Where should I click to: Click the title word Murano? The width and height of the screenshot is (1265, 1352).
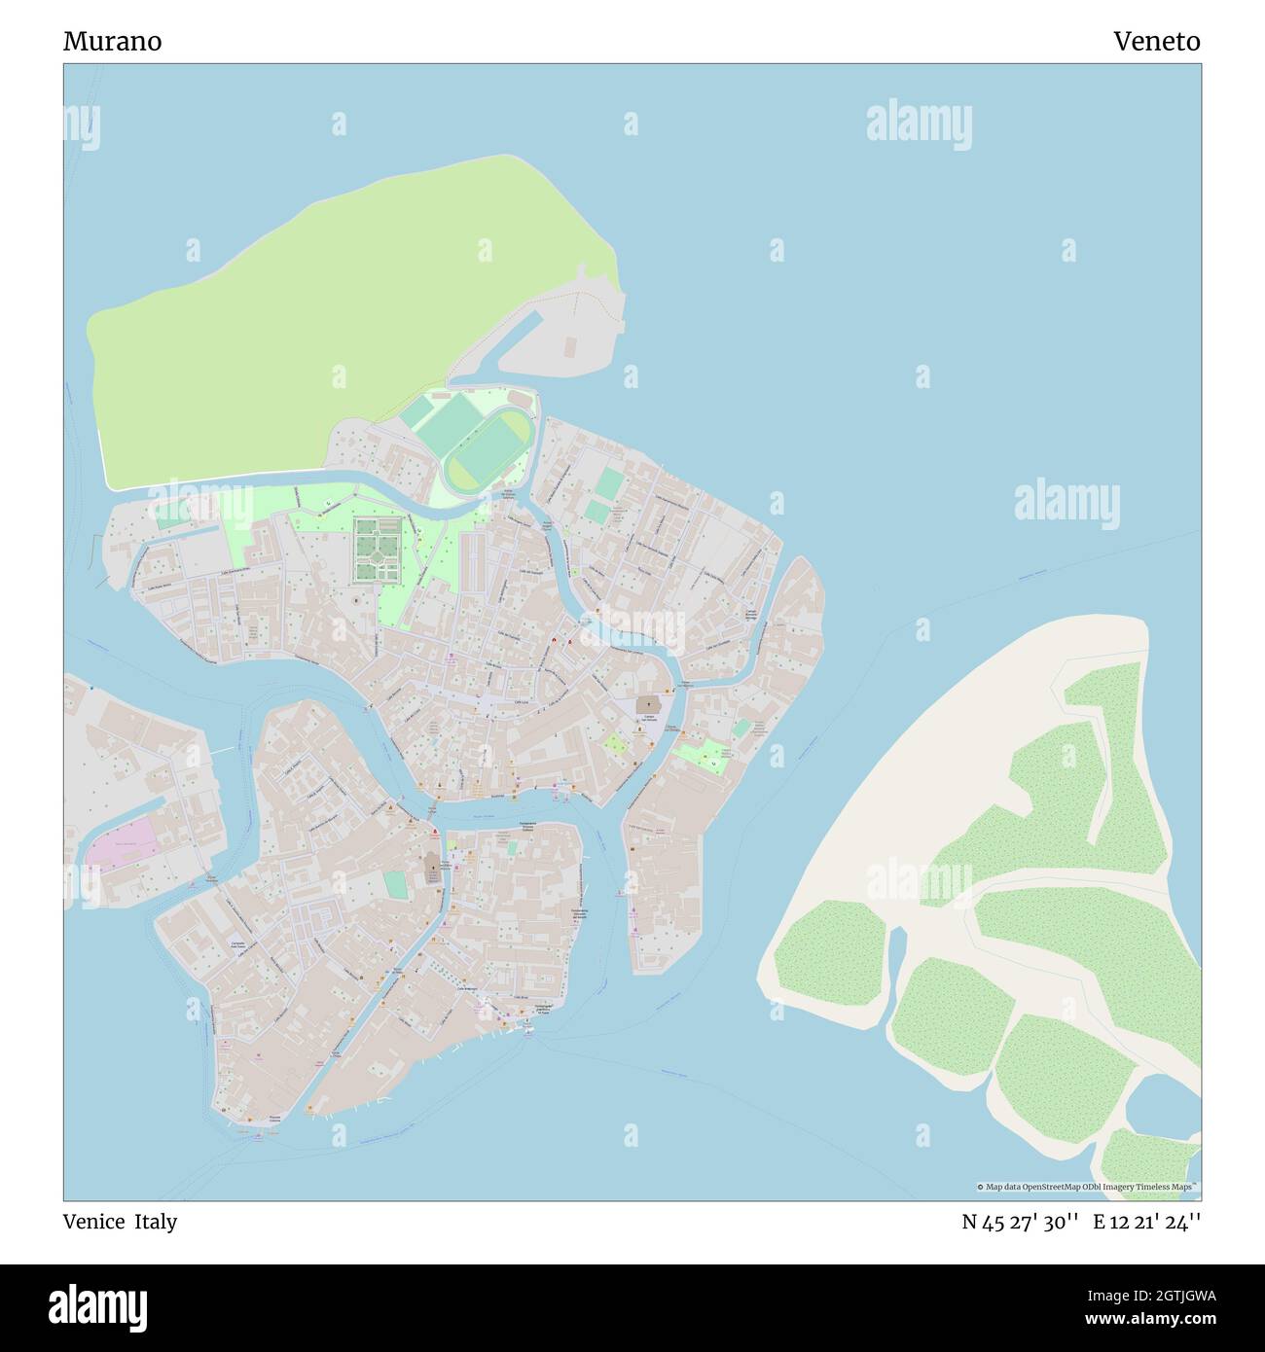(x=113, y=42)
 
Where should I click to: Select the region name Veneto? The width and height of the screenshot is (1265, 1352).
(x=1157, y=42)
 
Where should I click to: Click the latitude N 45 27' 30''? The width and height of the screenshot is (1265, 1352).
(x=1020, y=1222)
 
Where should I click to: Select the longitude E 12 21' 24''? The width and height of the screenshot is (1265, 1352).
(x=1146, y=1222)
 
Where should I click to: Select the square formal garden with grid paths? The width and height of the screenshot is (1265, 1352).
(x=377, y=550)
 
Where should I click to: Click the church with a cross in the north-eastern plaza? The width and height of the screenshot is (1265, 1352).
(x=647, y=702)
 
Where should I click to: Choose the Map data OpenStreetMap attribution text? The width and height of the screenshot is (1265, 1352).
(x=1087, y=1187)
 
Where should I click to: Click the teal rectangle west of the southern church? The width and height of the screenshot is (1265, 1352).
(x=395, y=885)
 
